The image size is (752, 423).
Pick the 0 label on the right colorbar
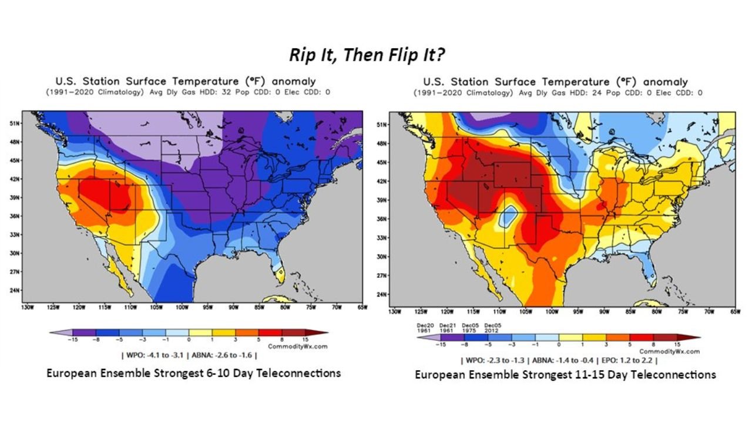[559, 344]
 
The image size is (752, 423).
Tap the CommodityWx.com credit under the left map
[297, 347]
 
